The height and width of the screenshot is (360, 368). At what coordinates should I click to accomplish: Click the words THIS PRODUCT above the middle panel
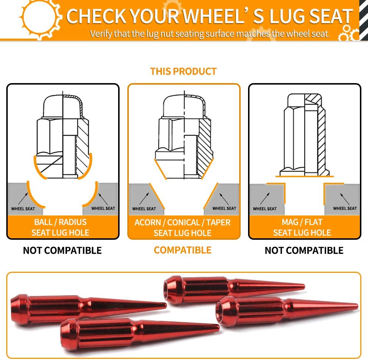pyautogui.click(x=183, y=71)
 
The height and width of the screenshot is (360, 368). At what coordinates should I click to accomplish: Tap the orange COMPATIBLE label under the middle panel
pyautogui.click(x=183, y=250)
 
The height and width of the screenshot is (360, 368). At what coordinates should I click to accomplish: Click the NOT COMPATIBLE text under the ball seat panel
pyautogui.click(x=62, y=250)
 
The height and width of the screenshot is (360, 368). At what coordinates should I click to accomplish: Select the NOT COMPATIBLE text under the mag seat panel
pyautogui.click(x=304, y=250)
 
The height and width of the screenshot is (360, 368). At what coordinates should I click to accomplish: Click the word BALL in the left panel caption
pyautogui.click(x=43, y=222)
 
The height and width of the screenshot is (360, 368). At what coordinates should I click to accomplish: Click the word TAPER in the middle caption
pyautogui.click(x=219, y=222)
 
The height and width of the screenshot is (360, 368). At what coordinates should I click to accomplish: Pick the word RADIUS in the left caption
pyautogui.click(x=72, y=222)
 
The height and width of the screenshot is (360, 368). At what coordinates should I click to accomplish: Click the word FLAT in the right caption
pyautogui.click(x=314, y=222)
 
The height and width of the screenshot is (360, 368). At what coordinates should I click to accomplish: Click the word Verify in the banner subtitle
pyautogui.click(x=101, y=34)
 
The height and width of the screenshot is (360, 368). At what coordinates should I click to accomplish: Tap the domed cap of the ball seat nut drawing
pyautogui.click(x=63, y=106)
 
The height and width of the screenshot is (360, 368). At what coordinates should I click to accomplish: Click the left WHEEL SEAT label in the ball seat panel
pyautogui.click(x=23, y=208)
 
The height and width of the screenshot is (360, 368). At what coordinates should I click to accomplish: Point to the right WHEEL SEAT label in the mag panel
pyautogui.click(x=345, y=208)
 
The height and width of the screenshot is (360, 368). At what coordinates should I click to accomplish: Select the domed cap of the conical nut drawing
pyautogui.click(x=184, y=106)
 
